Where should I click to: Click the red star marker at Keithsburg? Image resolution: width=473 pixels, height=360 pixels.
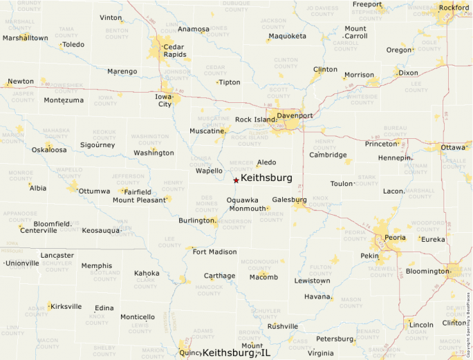click(236, 180)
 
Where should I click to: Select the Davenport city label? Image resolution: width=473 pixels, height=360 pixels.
click(295, 115)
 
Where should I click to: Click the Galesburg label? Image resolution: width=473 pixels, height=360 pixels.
click(289, 200)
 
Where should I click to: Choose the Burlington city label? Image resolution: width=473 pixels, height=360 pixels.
click(197, 220)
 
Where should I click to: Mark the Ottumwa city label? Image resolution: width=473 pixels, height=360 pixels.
click(94, 191)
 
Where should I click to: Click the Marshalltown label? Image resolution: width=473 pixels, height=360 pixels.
click(26, 38)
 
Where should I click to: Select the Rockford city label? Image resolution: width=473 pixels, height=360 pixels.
click(454, 8)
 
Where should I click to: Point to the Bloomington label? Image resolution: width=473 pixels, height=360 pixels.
click(427, 271)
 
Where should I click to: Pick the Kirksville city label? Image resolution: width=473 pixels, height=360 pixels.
click(66, 306)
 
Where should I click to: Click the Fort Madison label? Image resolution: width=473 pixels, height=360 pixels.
click(214, 252)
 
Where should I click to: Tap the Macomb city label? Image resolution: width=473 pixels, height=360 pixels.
click(263, 277)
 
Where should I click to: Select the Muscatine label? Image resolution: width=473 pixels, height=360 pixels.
click(207, 130)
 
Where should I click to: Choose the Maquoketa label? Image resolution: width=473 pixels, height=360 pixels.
click(287, 36)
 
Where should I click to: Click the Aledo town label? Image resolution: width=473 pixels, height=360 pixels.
click(266, 162)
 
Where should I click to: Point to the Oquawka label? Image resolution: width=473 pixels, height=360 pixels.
click(243, 200)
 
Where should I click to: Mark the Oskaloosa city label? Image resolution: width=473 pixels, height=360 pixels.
click(49, 149)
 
